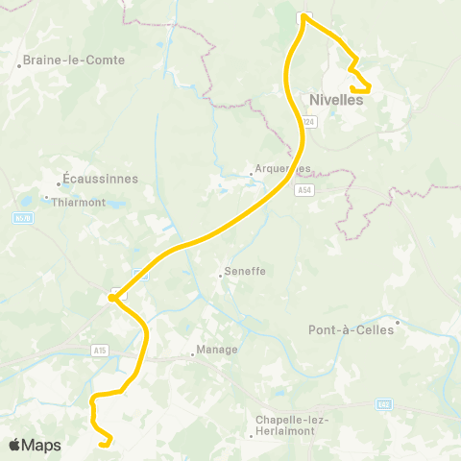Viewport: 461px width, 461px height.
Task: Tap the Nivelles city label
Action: [335, 98]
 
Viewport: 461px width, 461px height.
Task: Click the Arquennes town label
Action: [284, 168]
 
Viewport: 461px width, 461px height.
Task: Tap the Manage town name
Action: [216, 350]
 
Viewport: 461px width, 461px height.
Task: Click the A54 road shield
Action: [304, 190]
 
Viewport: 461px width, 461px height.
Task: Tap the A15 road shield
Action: [100, 351]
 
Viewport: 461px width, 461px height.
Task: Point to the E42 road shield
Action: [383, 403]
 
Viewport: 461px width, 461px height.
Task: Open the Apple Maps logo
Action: [35, 445]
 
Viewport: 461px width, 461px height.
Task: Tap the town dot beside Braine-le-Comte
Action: [19, 66]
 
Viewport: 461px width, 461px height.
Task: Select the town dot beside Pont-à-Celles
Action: [398, 322]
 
